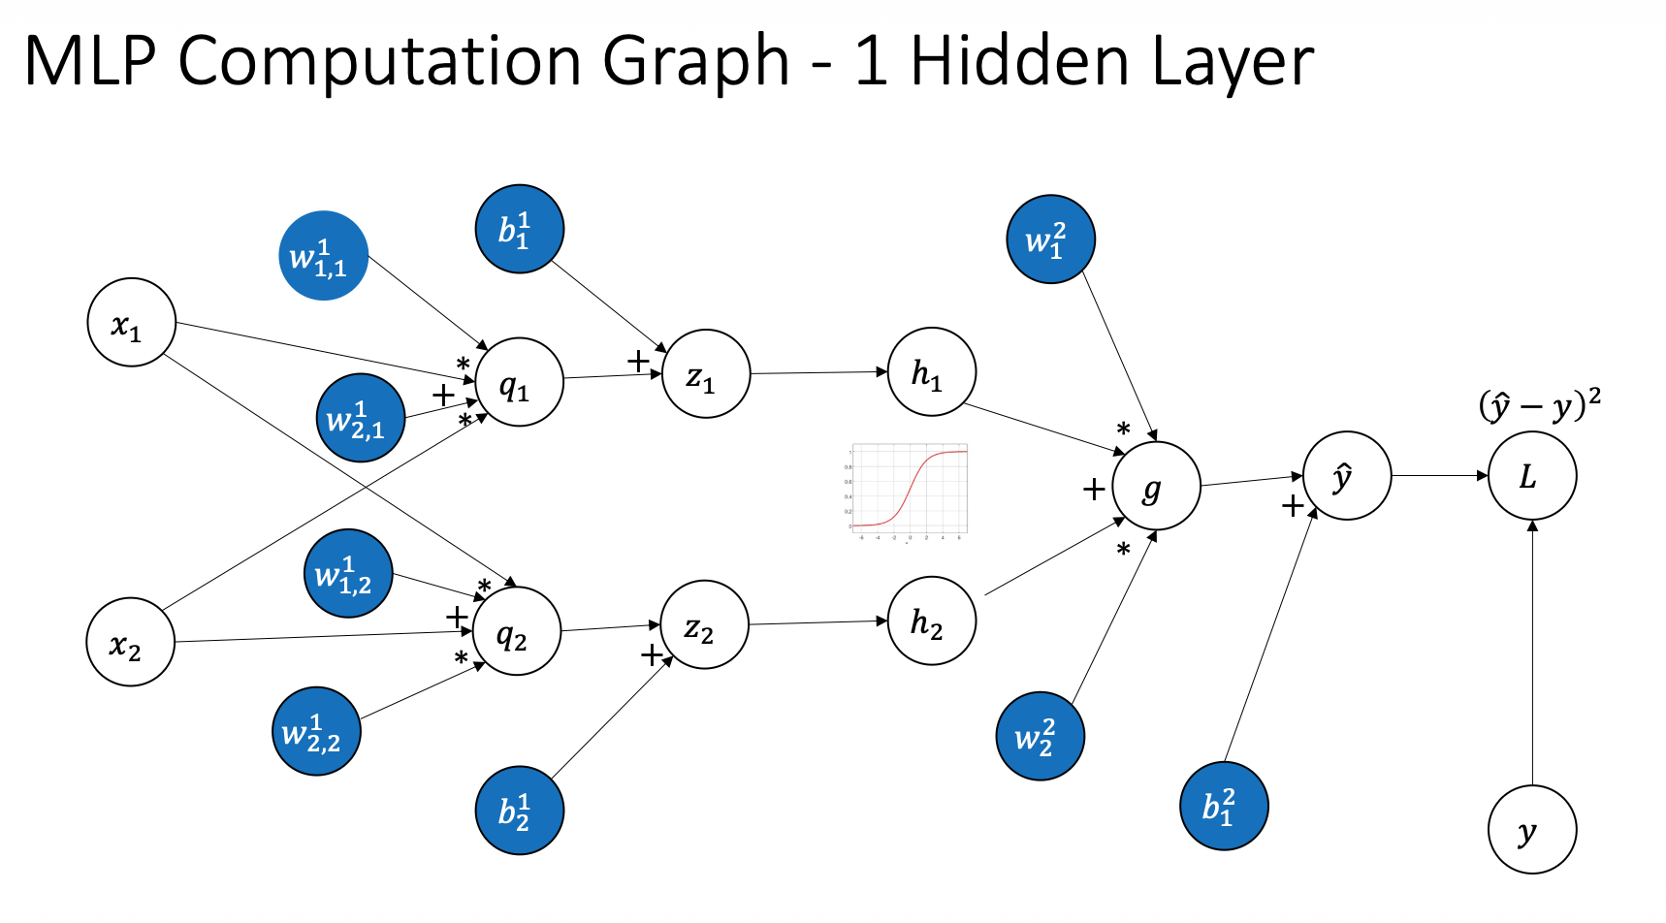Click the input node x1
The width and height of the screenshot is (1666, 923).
click(131, 323)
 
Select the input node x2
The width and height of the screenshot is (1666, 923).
click(131, 642)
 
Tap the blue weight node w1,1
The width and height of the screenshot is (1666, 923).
click(323, 256)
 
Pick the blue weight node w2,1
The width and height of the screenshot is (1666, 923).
click(360, 418)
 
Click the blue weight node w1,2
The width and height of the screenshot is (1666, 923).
click(348, 574)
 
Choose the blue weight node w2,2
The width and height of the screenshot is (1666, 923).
click(315, 731)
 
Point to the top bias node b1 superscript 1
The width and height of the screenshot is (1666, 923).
click(519, 229)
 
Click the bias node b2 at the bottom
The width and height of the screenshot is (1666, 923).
click(519, 810)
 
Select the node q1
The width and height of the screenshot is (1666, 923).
click(519, 383)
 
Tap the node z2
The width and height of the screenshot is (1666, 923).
click(704, 625)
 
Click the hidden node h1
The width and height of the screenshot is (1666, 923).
click(931, 371)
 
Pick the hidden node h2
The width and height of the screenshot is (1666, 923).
click(931, 621)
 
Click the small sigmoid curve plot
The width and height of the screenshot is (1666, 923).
click(908, 491)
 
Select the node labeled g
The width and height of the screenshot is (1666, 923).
click(1155, 486)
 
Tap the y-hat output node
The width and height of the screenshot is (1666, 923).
click(1346, 476)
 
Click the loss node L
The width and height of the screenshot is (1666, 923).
click(1531, 476)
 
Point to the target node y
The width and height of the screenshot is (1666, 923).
click(1531, 830)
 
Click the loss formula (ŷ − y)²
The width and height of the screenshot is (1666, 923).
click(1539, 404)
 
